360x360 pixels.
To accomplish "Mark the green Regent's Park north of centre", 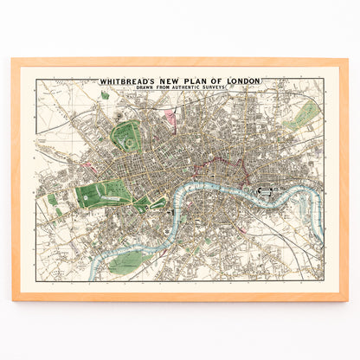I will click(x=127, y=136).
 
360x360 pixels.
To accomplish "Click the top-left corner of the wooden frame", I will click(x=13, y=60).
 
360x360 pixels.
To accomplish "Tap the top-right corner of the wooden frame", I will click(x=347, y=60).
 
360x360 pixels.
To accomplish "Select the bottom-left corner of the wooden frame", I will click(x=13, y=299).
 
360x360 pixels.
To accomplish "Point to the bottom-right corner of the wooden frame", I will click(x=347, y=299).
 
